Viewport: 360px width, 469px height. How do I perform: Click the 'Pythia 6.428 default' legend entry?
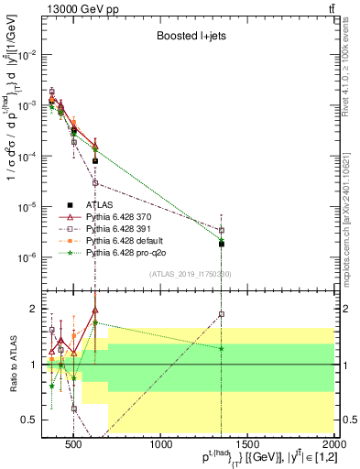tap(125, 240)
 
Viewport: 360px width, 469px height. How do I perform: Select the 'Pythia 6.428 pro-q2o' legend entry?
tap(125, 251)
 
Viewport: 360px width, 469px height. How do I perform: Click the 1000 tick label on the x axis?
tap(161, 446)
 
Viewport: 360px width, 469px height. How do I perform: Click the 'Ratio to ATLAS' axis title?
tap(12, 365)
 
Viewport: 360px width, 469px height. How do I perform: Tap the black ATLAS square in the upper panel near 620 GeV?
tap(95, 160)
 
